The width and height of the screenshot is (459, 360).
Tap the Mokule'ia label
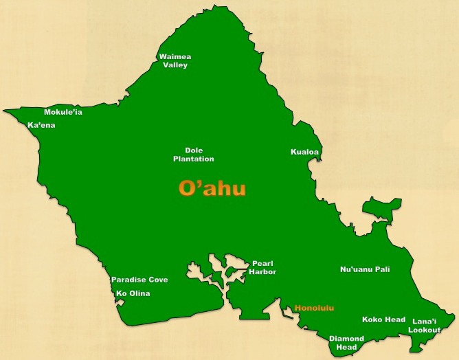click(63, 112)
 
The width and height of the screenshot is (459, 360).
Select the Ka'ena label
click(41, 126)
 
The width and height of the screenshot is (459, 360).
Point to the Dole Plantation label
click(194, 155)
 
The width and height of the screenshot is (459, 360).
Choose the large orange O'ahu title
click(212, 188)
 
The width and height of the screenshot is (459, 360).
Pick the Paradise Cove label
click(139, 280)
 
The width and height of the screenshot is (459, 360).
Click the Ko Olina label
click(133, 293)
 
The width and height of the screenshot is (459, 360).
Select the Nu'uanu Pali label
click(365, 269)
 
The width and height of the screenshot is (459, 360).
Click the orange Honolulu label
click(314, 308)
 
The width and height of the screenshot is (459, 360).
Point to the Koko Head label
click(383, 319)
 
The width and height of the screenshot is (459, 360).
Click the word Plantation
click(194, 159)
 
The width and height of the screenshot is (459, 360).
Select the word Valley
click(175, 65)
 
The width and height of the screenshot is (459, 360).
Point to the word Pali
click(380, 269)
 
